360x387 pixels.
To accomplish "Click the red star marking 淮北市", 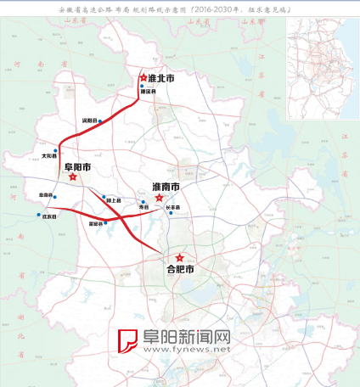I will point(143,78).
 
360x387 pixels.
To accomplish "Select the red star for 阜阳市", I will point(73,177).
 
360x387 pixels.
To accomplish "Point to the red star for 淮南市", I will point(159,197).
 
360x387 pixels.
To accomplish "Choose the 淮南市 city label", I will point(166,186).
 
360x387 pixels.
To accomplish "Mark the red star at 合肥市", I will point(179,257).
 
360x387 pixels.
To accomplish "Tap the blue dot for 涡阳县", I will point(100,121).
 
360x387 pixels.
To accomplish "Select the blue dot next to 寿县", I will point(143,202).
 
